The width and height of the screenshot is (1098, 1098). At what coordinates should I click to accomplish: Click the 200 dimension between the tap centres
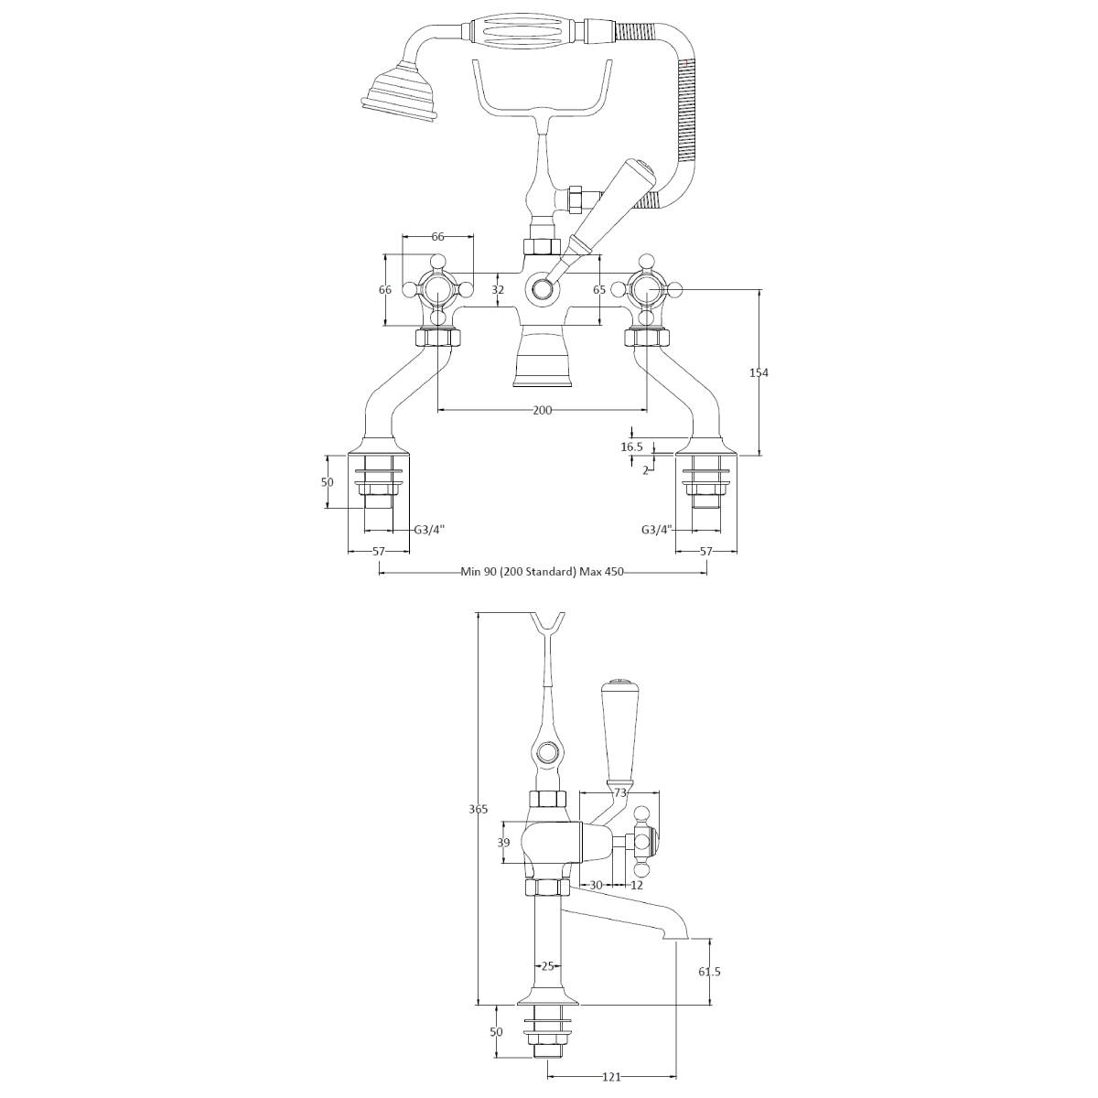(542, 410)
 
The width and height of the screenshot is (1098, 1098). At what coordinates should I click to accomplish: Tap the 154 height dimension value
(759, 372)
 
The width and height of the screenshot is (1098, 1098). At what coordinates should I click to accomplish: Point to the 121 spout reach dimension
(611, 1076)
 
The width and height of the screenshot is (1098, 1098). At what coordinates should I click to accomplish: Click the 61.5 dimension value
(709, 972)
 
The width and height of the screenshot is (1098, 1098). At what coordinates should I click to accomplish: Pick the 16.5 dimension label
(632, 447)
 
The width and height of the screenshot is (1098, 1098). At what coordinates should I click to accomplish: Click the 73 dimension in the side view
(620, 792)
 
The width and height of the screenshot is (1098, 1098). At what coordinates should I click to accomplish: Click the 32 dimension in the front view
(498, 290)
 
